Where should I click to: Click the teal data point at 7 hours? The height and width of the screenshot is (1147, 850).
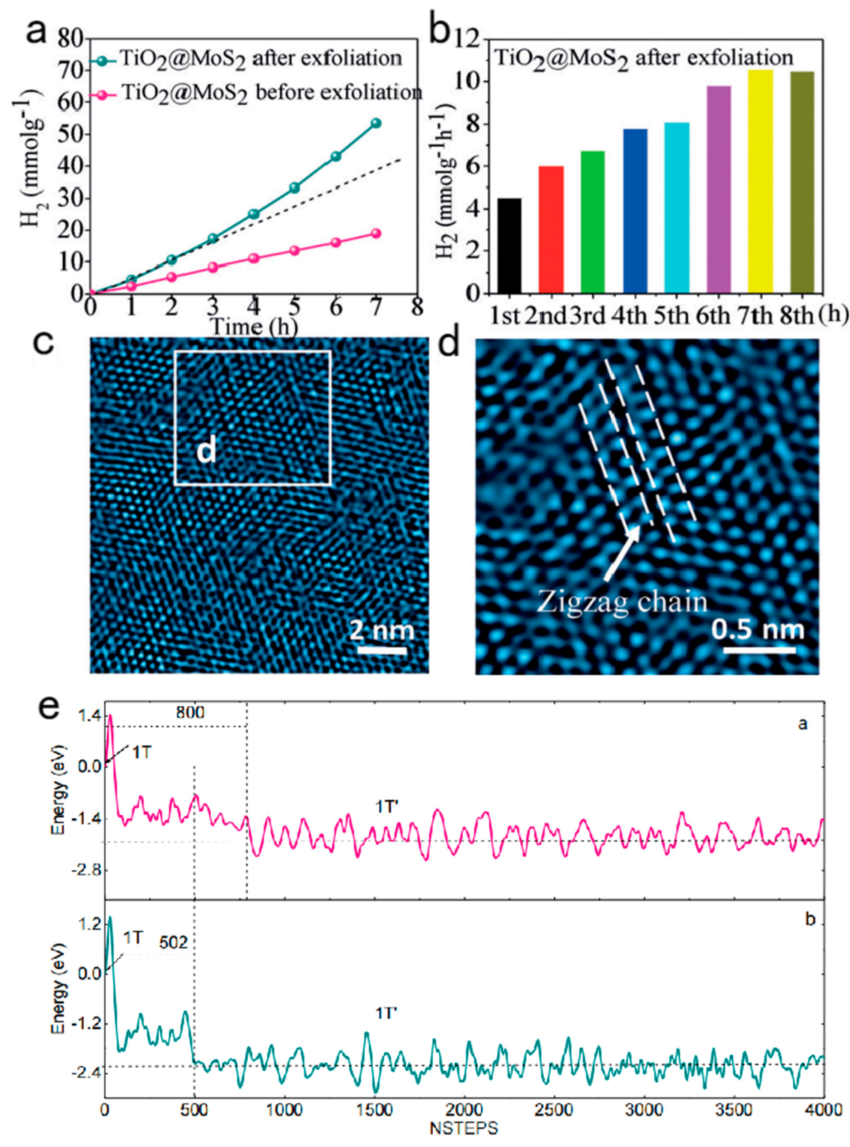(x=376, y=123)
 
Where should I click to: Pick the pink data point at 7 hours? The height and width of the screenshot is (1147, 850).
(x=376, y=233)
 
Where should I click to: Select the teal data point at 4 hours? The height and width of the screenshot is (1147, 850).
(x=254, y=213)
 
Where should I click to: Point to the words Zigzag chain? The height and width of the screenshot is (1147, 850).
(x=622, y=601)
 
